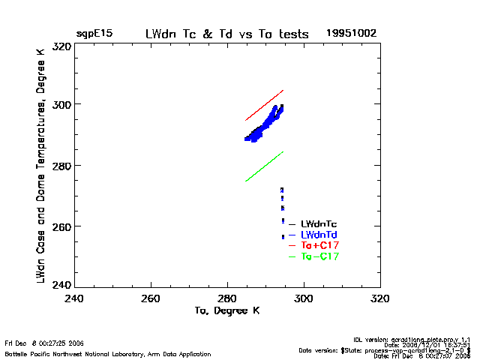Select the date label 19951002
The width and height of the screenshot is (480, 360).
tap(351, 34)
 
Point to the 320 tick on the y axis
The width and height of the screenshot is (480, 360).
tap(61, 46)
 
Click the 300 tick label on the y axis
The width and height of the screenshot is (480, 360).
tap(61, 104)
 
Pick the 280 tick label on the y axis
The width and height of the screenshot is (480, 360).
tap(61, 165)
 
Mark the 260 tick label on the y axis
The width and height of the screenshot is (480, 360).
tap(61, 226)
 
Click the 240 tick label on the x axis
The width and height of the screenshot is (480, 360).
tap(74, 298)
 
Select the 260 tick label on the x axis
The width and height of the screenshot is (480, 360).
tap(151, 298)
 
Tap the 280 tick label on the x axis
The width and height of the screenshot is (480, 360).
tap(227, 298)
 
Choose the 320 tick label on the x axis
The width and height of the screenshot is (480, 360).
tap(380, 298)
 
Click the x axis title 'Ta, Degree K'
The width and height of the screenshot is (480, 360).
tap(226, 310)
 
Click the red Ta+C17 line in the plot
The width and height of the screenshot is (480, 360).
tap(265, 105)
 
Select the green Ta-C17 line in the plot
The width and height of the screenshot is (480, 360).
tap(265, 166)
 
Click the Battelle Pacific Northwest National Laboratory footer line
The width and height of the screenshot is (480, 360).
tap(108, 352)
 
